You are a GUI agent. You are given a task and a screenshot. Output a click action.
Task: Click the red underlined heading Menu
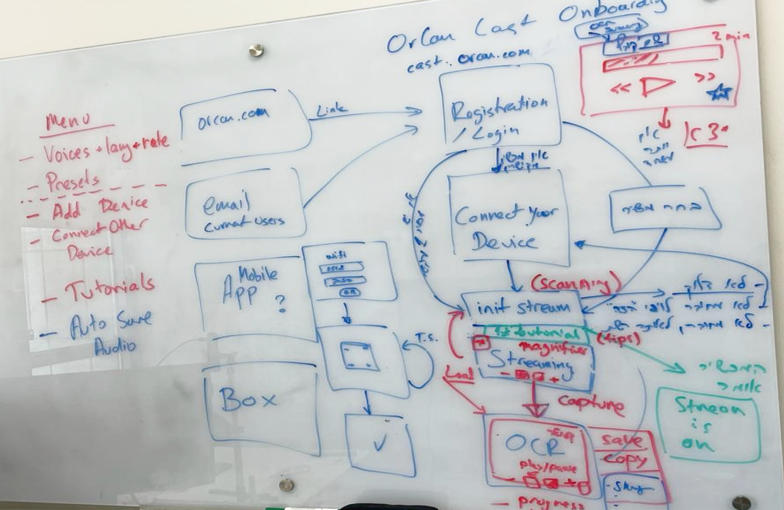(69, 122)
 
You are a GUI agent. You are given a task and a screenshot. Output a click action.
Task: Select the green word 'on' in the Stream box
(697, 444)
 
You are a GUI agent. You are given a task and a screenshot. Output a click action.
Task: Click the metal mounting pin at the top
(257, 51)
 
